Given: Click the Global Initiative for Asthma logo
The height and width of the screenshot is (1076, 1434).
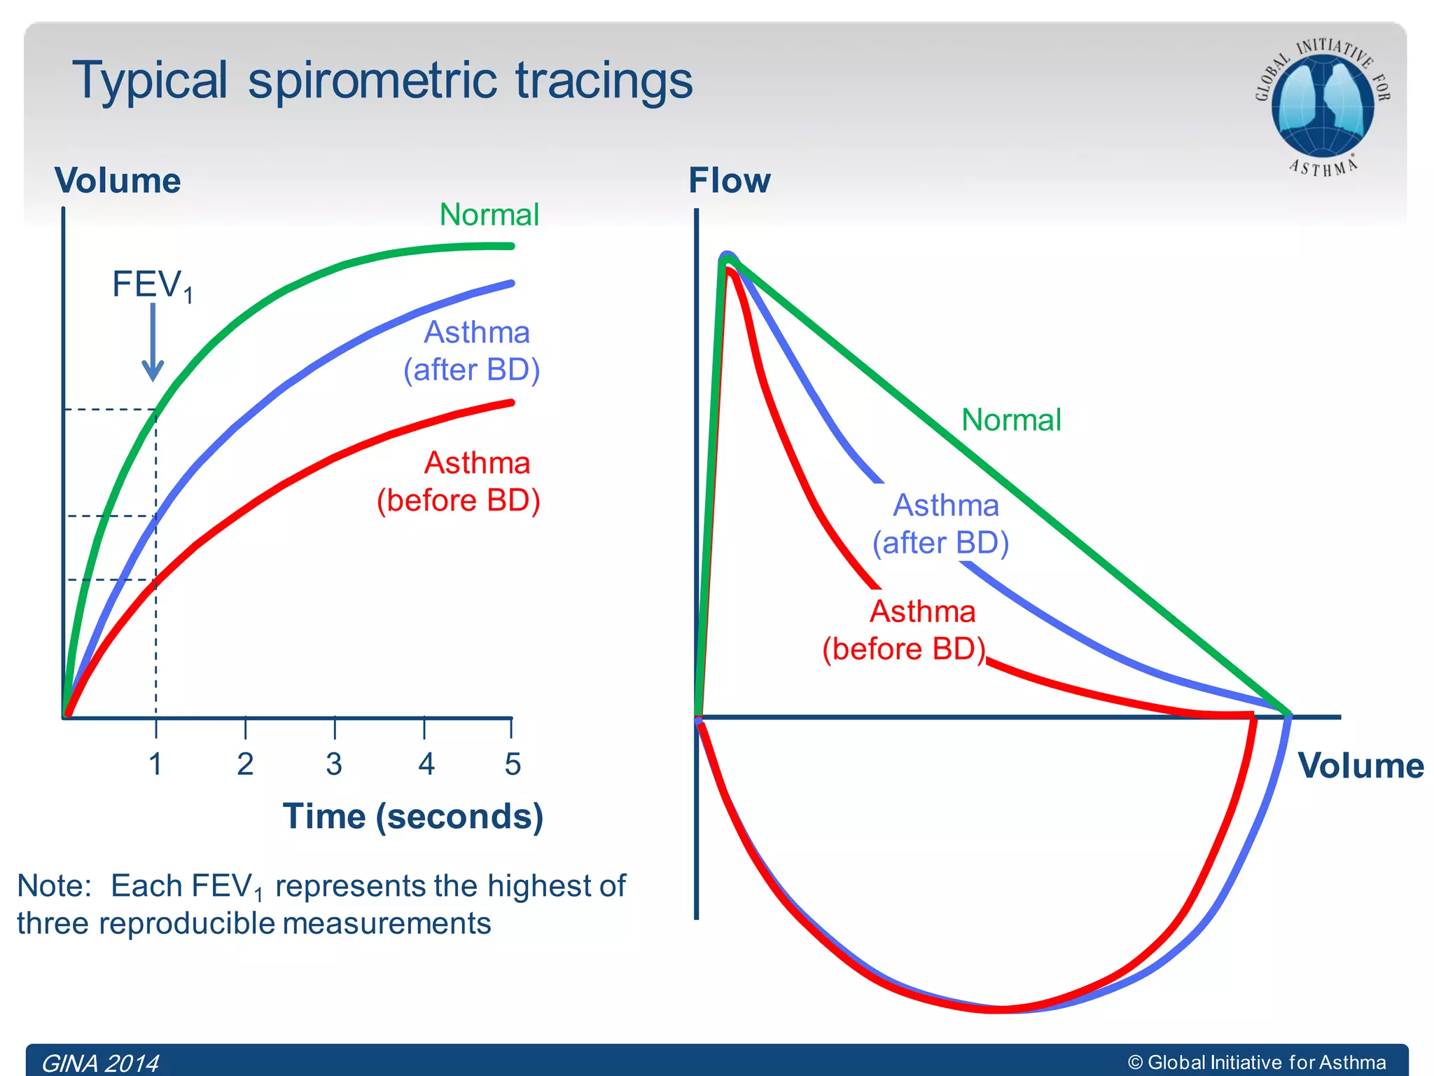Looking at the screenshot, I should pyautogui.click(x=1322, y=105).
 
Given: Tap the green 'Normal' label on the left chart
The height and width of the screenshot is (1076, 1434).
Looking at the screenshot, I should pyautogui.click(x=489, y=214).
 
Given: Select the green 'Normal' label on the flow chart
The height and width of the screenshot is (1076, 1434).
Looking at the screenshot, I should pyautogui.click(x=1011, y=420).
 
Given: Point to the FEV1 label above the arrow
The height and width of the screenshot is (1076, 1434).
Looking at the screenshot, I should pyautogui.click(x=151, y=285).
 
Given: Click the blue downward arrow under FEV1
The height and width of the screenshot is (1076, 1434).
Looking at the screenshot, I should pyautogui.click(x=153, y=343).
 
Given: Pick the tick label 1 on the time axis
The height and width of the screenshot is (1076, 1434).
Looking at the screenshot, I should pyautogui.click(x=155, y=764).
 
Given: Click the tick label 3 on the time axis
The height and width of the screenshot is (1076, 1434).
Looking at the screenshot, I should pyautogui.click(x=335, y=764).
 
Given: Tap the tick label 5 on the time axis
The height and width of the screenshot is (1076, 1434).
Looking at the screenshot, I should pyautogui.click(x=513, y=764).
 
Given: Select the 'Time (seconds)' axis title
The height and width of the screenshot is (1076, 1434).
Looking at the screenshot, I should pyautogui.click(x=412, y=817).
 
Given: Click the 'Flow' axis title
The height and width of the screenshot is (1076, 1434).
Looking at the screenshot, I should pyautogui.click(x=729, y=181).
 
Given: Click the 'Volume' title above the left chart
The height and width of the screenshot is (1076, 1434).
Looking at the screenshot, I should pyautogui.click(x=118, y=181).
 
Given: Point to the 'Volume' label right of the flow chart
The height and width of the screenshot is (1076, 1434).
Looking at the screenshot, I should pyautogui.click(x=1360, y=766).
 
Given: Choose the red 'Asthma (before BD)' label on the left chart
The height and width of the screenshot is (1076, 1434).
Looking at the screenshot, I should pyautogui.click(x=459, y=482).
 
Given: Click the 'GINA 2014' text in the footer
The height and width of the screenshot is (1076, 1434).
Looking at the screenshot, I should pyautogui.click(x=100, y=1063).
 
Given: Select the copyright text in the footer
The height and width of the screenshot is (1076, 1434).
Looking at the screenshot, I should pyautogui.click(x=1257, y=1062).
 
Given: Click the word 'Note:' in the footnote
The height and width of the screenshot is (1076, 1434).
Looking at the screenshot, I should pyautogui.click(x=55, y=886).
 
